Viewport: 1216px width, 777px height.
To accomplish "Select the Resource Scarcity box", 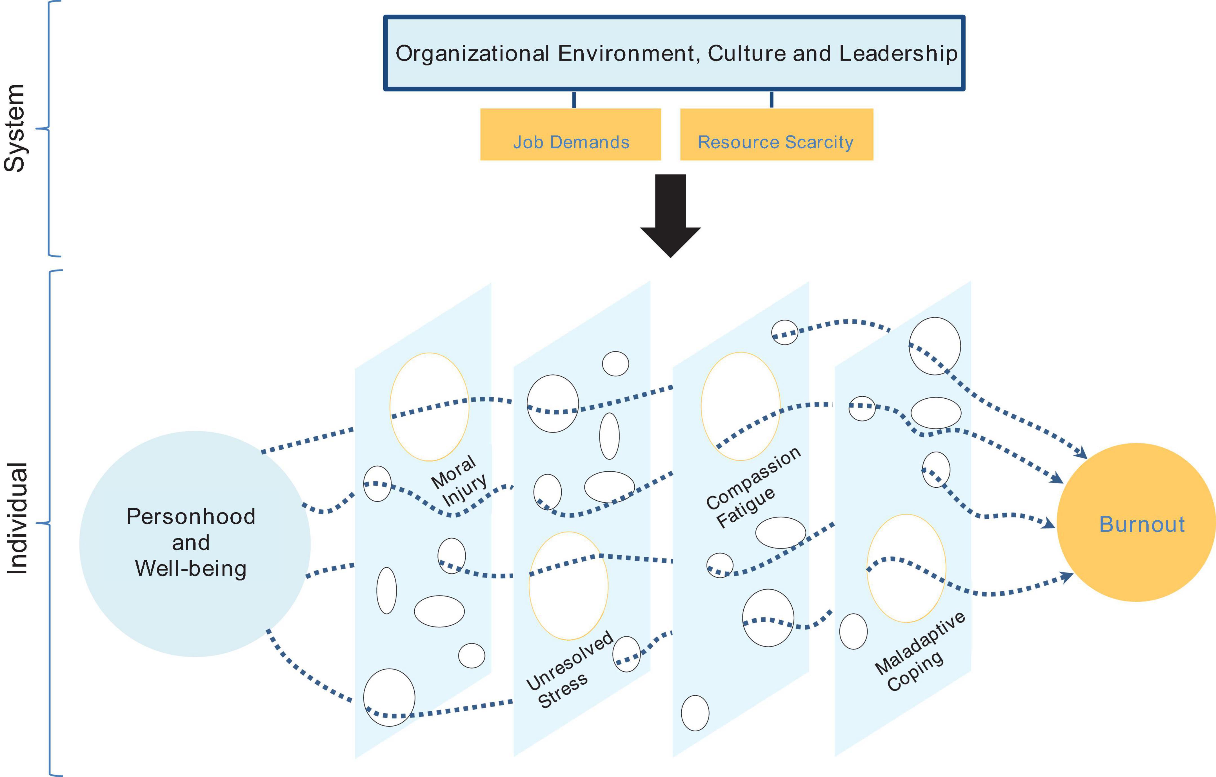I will (x=776, y=134).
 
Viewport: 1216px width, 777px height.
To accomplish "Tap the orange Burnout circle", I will (x=1136, y=523).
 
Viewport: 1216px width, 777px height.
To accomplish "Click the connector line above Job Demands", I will (x=574, y=99).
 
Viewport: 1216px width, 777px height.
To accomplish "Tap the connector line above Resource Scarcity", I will (x=771, y=99).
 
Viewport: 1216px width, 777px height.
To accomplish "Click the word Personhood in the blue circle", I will (x=191, y=517).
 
